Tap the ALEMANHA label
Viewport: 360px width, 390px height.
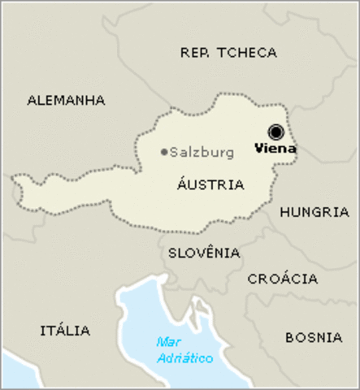click(67, 101)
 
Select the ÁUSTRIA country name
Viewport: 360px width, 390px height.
click(210, 184)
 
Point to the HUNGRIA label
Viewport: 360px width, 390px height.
click(314, 212)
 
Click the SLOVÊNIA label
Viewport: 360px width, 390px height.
click(204, 253)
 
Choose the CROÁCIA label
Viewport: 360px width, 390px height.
click(283, 279)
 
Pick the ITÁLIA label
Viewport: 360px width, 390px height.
click(65, 331)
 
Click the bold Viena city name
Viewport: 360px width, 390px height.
click(275, 149)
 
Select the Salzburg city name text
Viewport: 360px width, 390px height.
click(202, 152)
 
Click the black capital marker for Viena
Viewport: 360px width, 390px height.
click(276, 132)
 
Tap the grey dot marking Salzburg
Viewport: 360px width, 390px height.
click(164, 152)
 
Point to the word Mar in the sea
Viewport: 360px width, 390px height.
click(168, 342)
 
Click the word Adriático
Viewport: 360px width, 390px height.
click(184, 358)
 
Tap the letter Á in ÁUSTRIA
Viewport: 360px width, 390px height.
click(180, 184)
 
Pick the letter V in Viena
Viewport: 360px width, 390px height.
click(259, 149)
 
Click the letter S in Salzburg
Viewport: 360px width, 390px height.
click(174, 152)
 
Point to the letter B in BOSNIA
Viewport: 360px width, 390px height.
click(290, 336)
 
